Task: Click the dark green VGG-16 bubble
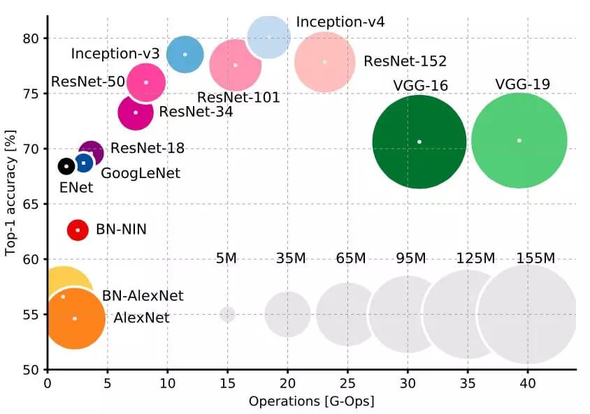click(419, 142)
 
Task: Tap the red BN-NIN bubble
click(78, 230)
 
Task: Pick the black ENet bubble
click(66, 166)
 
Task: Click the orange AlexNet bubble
click(75, 318)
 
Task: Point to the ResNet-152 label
click(405, 62)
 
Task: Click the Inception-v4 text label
click(340, 22)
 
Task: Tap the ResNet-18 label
click(147, 148)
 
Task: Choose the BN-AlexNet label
click(143, 296)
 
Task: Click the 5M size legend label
click(226, 259)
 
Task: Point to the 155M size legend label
click(536, 259)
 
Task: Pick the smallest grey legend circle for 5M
click(227, 314)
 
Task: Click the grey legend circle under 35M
click(287, 314)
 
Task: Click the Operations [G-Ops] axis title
click(312, 402)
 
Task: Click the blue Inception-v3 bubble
click(185, 54)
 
